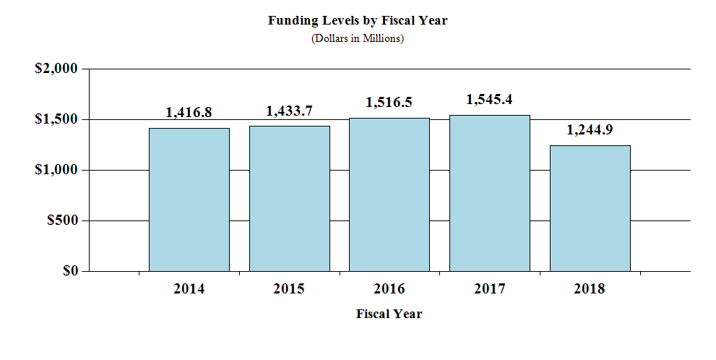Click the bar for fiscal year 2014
pos(189,200)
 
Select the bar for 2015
pos(289,199)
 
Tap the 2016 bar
pos(389,194)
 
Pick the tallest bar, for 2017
pos(489,193)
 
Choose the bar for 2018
pos(590,208)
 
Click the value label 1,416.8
pos(189,113)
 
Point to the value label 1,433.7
pos(289,111)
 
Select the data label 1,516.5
pos(389,103)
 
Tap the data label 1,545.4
pos(489,100)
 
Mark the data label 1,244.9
pos(590,130)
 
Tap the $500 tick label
pos(61,220)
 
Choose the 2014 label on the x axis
pos(189,289)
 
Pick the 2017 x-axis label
pos(489,289)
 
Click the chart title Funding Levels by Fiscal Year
pos(358,20)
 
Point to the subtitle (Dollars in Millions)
pos(358,38)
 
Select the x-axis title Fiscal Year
pos(389,314)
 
